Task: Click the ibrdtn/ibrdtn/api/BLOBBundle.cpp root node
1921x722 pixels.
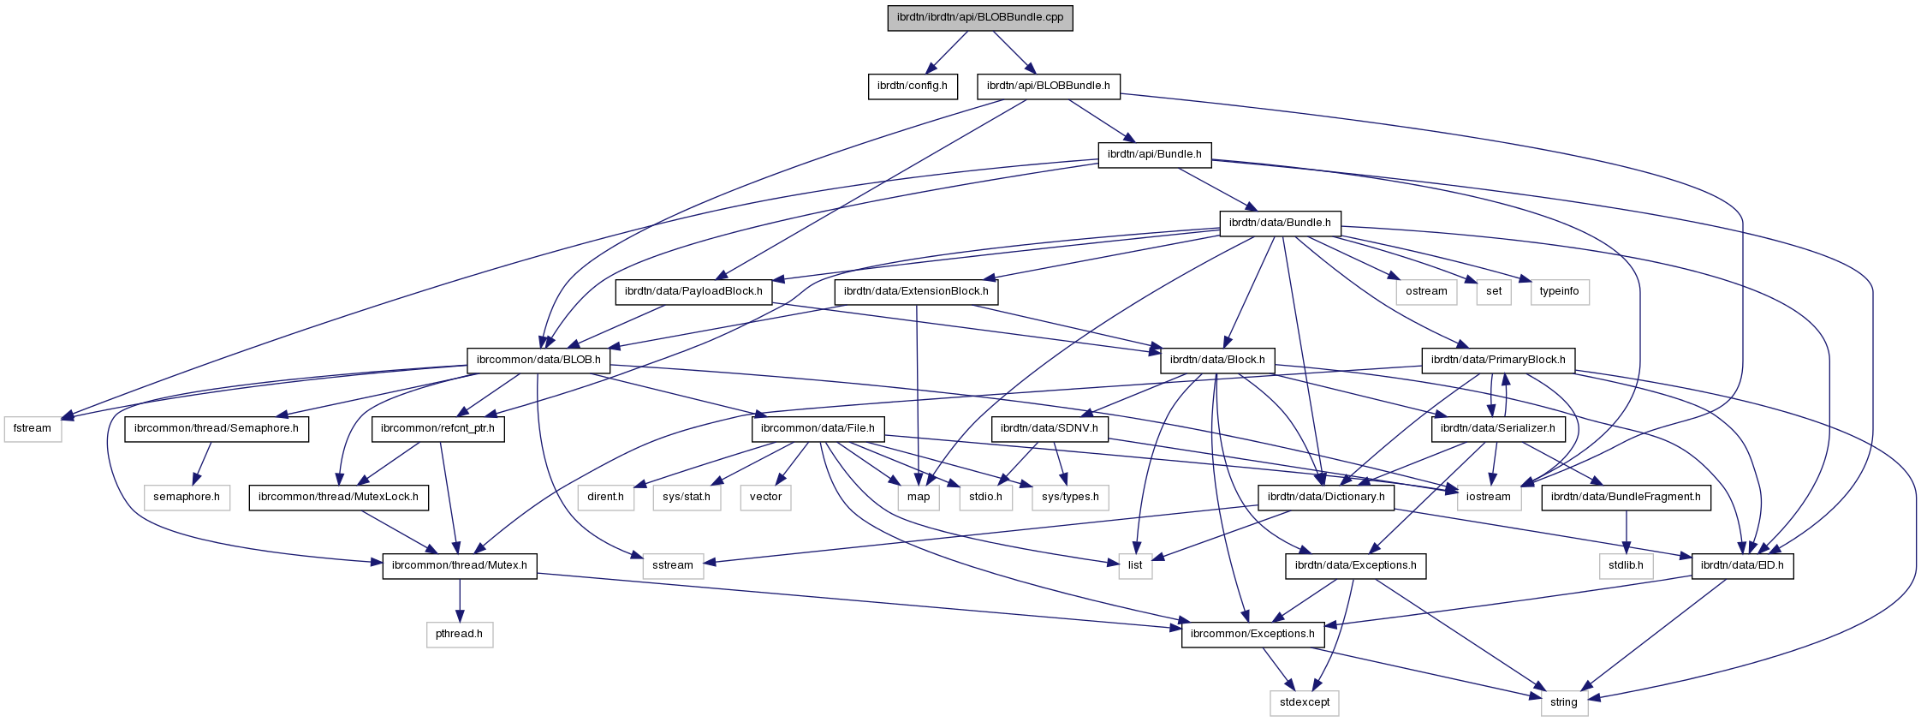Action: coord(979,17)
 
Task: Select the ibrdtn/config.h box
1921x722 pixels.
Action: coord(912,86)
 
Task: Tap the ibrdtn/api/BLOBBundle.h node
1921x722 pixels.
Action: coord(1048,86)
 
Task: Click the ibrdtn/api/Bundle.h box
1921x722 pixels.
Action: coord(1154,154)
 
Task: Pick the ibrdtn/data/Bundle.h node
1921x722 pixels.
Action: coord(1280,223)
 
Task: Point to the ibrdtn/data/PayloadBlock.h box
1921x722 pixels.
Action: coord(693,291)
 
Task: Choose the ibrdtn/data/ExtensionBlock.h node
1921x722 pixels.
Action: coord(916,291)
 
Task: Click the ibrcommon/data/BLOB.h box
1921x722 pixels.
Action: coord(538,360)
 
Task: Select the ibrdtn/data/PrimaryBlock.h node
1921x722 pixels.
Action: coord(1497,360)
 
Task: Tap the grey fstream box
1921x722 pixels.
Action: coord(33,428)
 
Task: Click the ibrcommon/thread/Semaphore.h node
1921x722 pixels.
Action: coord(217,428)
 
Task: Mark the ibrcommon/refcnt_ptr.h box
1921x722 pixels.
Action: coord(437,428)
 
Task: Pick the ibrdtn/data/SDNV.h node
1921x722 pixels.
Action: coord(1049,428)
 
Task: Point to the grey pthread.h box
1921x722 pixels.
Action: coord(460,634)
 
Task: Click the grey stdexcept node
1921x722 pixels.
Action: coord(1305,702)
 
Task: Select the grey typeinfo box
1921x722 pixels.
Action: coord(1559,291)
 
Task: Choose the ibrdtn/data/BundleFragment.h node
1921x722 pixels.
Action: coord(1626,497)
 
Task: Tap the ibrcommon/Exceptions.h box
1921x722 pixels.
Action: coord(1252,634)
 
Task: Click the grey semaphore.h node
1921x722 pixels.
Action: coord(187,497)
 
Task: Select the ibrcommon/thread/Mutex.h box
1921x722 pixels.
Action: coord(459,565)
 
